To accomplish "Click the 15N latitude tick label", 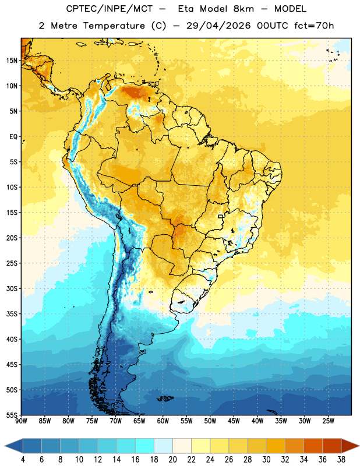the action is [12, 61].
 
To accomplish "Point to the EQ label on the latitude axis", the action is [13, 137].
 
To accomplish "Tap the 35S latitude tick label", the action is [12, 314].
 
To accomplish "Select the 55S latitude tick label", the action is [12, 415].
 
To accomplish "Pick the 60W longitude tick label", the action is [163, 421].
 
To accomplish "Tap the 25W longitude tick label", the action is [328, 421].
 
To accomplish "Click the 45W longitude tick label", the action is [234, 421].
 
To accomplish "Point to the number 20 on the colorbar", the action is [172, 460].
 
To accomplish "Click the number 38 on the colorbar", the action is [341, 460].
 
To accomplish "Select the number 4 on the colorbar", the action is [23, 460].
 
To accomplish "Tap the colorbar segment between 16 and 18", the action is [144, 446].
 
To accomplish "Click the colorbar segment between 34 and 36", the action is [313, 446].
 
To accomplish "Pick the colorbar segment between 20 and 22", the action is [182, 446].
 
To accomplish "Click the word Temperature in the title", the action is [114, 26].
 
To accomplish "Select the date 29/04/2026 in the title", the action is [218, 26].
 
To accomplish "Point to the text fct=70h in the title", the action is [314, 26].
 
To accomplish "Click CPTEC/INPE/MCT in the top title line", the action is [110, 9].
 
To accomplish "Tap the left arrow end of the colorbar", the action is [13, 446].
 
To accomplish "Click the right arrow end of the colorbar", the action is [351, 446].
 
